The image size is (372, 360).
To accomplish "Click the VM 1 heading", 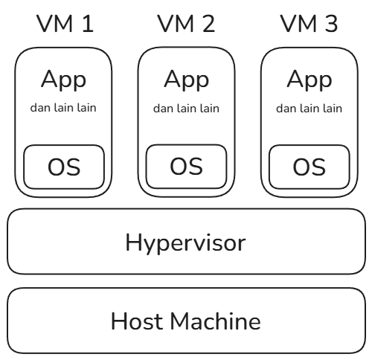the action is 65,24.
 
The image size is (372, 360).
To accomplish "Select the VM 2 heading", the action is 186,24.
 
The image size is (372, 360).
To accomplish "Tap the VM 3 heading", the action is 309,24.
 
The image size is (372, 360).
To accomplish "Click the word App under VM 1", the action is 64,80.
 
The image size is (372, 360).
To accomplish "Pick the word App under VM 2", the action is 187,80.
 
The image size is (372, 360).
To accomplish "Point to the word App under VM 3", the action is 310,80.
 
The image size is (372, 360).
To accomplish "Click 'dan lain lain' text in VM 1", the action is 63,108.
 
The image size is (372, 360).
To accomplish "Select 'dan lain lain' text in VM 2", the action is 186,109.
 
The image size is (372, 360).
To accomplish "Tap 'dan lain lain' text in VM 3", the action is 310,109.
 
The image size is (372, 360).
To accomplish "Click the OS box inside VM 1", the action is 64,167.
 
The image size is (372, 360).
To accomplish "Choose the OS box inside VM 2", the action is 187,167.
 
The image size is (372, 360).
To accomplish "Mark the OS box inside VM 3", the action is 310,167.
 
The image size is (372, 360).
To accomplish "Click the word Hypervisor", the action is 186,243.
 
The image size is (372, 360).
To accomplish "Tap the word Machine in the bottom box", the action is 216,321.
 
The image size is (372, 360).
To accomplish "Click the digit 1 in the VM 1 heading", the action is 88,24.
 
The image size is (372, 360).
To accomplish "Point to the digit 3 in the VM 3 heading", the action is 332,24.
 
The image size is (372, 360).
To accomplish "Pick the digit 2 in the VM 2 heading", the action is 209,24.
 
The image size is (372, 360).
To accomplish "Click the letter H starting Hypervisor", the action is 133,242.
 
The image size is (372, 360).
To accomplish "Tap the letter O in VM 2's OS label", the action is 178,166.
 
